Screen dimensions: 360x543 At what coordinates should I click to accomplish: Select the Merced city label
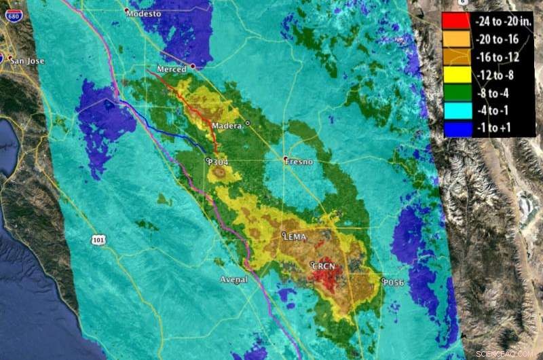[x=171, y=70]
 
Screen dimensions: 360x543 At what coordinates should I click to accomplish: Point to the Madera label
[x=227, y=126]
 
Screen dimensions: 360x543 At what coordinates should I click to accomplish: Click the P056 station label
[x=394, y=282]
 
